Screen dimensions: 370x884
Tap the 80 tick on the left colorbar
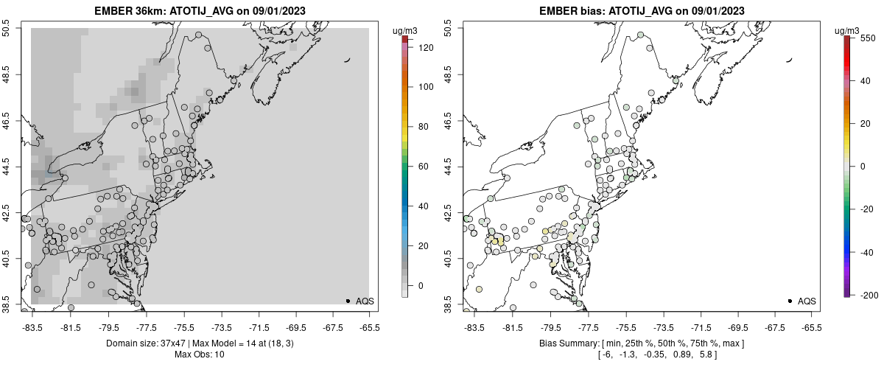click(x=420, y=127)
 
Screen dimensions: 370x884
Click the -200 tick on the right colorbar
click(x=868, y=295)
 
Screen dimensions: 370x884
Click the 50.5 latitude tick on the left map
click(x=7, y=29)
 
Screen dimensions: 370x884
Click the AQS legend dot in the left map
click(x=348, y=301)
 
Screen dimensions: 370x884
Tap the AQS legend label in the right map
click(x=807, y=301)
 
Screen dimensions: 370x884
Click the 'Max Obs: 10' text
click(x=200, y=355)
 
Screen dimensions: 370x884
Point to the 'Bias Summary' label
click(x=568, y=343)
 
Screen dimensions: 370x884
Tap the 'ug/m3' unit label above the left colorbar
click(x=405, y=30)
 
